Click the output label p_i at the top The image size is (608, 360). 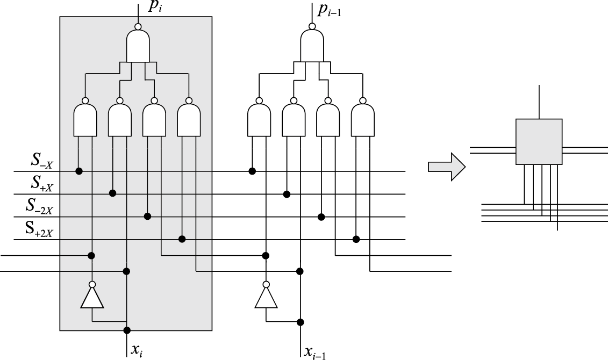155,8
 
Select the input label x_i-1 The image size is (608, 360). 315,351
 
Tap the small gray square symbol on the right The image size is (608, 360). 539,141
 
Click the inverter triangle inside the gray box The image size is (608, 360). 92,298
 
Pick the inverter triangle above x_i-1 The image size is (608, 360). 266,298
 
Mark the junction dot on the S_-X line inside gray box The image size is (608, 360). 78,171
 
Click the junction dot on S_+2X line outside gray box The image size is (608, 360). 356,239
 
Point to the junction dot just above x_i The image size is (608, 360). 127,330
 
